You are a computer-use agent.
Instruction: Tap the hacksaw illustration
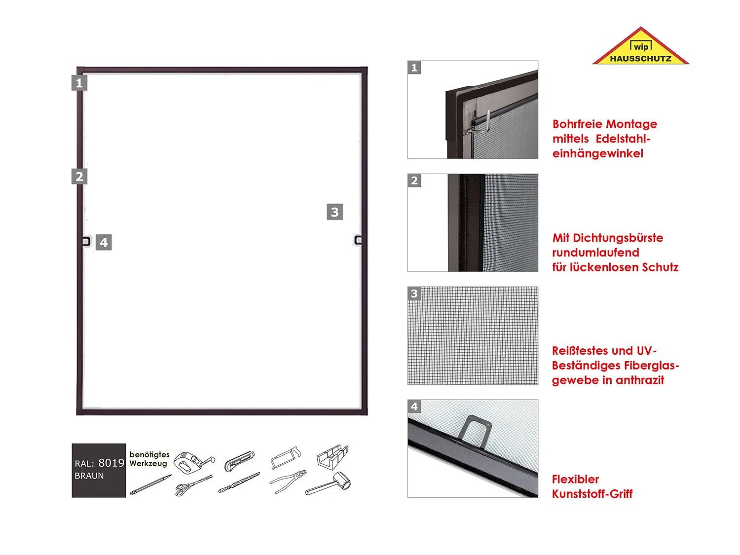(285, 457)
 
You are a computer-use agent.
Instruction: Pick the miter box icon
(333, 457)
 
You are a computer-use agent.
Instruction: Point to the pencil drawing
(150, 484)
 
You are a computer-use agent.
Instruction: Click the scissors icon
(194, 485)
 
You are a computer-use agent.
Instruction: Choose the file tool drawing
(239, 482)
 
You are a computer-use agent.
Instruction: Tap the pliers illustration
(288, 481)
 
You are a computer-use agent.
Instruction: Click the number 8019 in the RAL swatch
(111, 463)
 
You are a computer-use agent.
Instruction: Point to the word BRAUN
(89, 476)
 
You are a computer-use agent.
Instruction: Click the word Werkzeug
(148, 463)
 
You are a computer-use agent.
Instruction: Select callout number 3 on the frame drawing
(335, 212)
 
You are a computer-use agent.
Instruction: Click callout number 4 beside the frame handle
(104, 242)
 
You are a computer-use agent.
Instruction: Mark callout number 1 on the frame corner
(79, 83)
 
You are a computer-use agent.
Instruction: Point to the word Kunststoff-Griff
(592, 494)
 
